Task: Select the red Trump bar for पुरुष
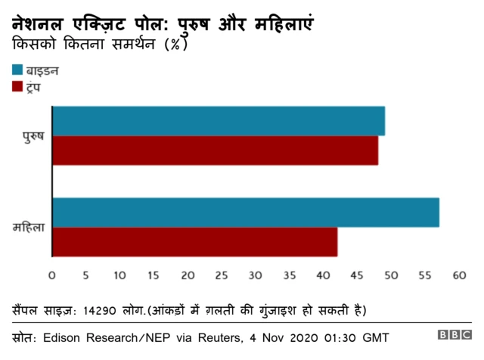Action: (215, 151)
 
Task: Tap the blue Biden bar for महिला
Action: (245, 212)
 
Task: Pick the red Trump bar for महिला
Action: (194, 241)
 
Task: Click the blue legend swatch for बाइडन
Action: (18, 70)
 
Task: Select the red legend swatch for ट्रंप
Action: (18, 88)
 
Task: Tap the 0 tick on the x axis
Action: (52, 277)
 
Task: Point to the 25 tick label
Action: (222, 277)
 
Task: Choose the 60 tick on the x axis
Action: (458, 277)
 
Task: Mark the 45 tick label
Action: (357, 277)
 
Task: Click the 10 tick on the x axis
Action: (119, 277)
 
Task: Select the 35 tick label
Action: (289, 277)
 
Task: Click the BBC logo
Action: (454, 335)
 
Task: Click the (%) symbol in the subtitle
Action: (175, 45)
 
